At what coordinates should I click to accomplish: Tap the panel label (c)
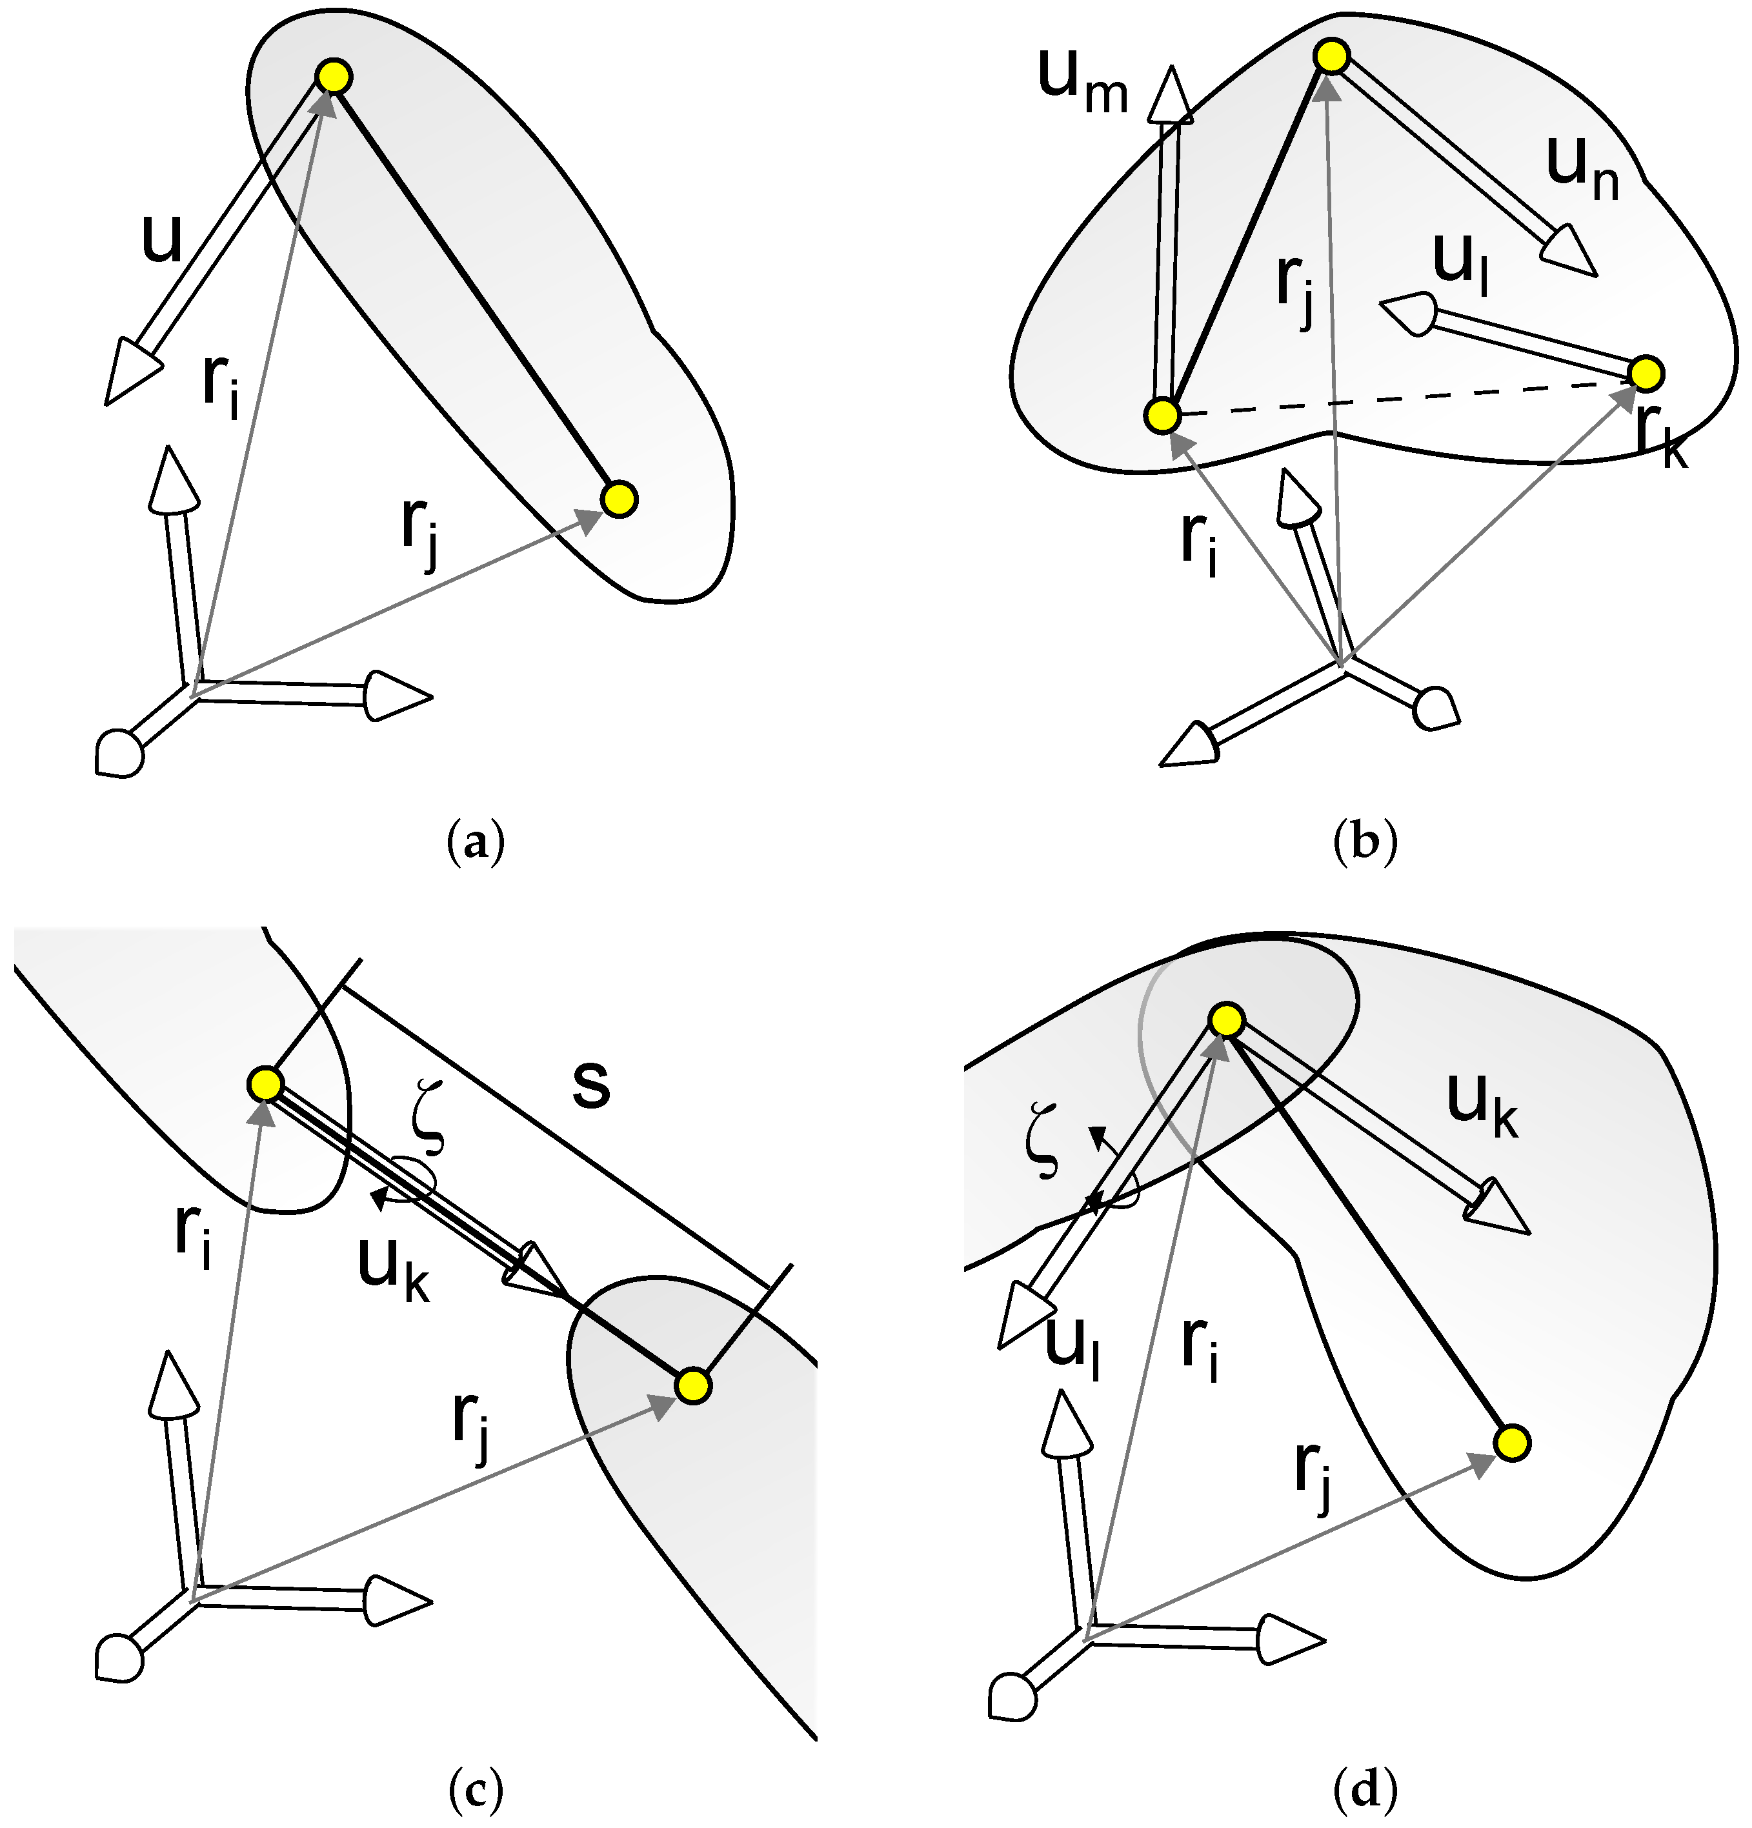(x=476, y=1789)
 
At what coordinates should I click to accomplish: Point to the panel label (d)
(x=1365, y=1789)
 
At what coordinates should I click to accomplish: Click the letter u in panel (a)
(x=161, y=239)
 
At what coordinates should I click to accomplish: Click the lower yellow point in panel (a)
(x=618, y=498)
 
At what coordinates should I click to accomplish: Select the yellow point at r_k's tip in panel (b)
(x=1646, y=373)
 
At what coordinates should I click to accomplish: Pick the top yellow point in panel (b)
(x=1331, y=57)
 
